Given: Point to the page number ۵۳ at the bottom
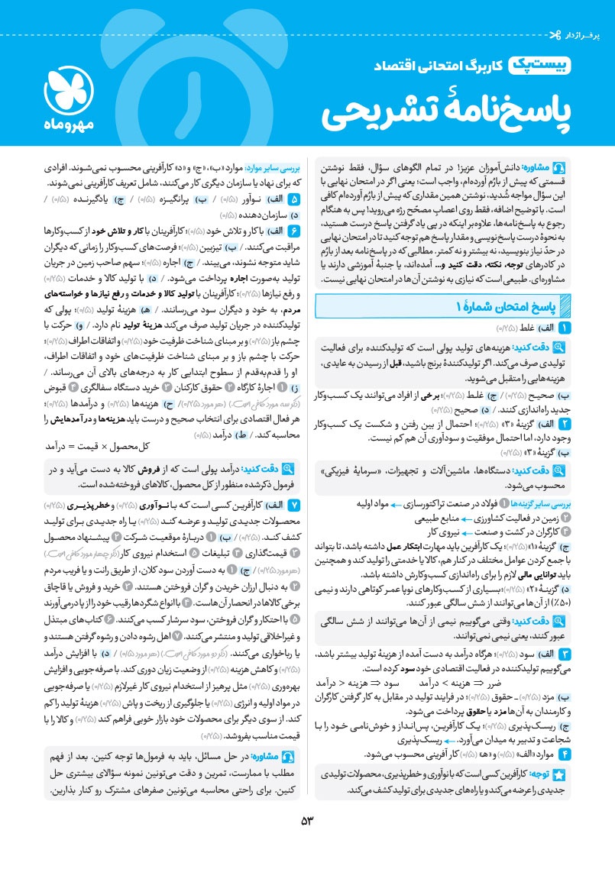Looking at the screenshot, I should (x=308, y=820).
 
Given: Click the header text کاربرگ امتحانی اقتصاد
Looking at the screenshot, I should (x=436, y=69).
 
